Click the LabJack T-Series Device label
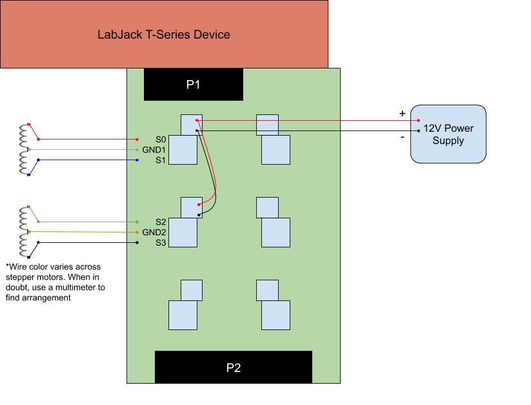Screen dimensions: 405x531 point(163,34)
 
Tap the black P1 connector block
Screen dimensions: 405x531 point(193,85)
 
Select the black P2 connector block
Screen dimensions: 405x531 point(234,368)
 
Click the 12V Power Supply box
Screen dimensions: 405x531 point(448,134)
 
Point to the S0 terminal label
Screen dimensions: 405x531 point(161,140)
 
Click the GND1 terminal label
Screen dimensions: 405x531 point(154,150)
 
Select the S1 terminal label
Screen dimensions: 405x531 point(161,160)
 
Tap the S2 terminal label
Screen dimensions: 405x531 point(161,222)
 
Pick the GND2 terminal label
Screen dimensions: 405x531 point(154,233)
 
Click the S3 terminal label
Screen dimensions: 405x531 point(161,243)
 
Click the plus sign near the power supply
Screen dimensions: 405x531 point(403,114)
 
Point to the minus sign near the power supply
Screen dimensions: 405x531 point(403,137)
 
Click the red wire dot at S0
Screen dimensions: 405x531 point(137,140)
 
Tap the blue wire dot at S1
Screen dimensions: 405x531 point(137,160)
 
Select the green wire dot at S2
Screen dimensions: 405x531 point(137,222)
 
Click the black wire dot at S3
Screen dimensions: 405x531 point(137,243)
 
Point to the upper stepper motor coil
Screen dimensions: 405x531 point(25,149)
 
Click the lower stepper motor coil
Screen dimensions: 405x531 point(25,232)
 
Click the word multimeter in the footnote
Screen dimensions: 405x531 point(85,287)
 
